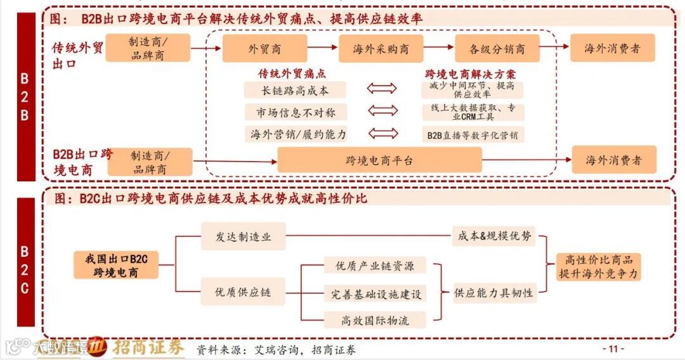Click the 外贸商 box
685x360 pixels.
pos(264,49)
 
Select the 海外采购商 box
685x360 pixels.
pos(381,49)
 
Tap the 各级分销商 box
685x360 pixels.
pos(497,49)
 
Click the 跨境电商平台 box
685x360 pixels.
pos(379,160)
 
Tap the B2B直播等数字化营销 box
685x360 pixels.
pos(473,134)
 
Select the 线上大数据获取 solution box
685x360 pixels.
pos(473,112)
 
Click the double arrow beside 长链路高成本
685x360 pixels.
pos(382,89)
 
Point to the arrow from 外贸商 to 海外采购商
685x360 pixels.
pos(322,48)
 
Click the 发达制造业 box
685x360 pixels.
pos(243,236)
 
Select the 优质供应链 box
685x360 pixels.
pos(243,292)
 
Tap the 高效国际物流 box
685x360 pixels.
pos(375,320)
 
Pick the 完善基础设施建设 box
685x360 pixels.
pos(375,293)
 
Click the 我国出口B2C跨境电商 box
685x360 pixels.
pos(115,265)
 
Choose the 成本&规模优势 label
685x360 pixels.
pos(492,236)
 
